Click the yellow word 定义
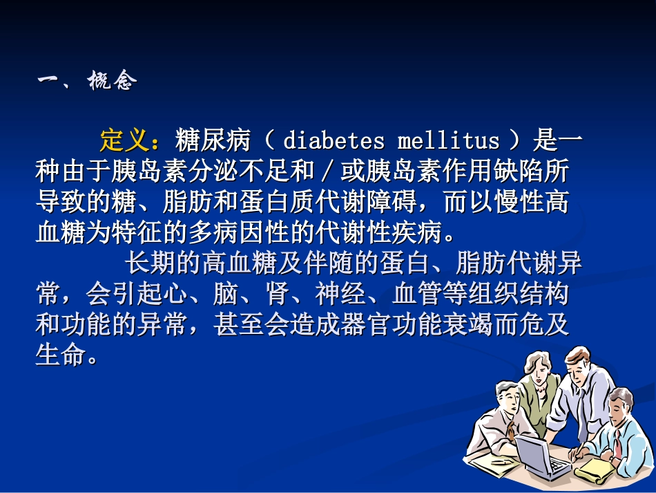point(124,140)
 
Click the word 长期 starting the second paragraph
point(149,263)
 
